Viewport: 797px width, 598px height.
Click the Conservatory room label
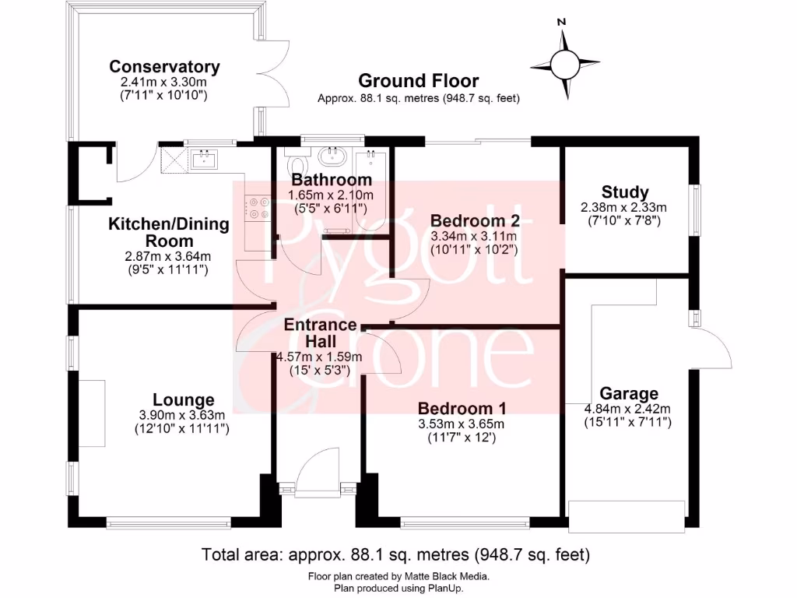click(x=164, y=67)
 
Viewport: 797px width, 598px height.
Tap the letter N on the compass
click(x=561, y=22)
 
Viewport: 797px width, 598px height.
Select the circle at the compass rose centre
click(x=564, y=64)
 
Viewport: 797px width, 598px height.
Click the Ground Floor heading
click(x=418, y=81)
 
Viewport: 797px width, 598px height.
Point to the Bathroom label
click(x=332, y=180)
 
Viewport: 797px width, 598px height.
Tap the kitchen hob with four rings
click(x=257, y=209)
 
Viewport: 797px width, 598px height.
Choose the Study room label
click(x=625, y=192)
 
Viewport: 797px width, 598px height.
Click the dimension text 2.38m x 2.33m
click(x=623, y=207)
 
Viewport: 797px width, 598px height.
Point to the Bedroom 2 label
click(x=475, y=220)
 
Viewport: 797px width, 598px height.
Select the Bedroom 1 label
click(x=462, y=408)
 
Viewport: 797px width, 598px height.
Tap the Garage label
click(x=629, y=393)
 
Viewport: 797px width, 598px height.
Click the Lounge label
click(x=183, y=400)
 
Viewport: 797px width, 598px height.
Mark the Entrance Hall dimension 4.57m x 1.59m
click(x=319, y=357)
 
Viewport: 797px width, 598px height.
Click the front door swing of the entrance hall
click(x=315, y=470)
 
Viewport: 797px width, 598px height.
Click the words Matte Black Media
click(x=446, y=577)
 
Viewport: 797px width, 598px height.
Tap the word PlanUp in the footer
click(x=448, y=589)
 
